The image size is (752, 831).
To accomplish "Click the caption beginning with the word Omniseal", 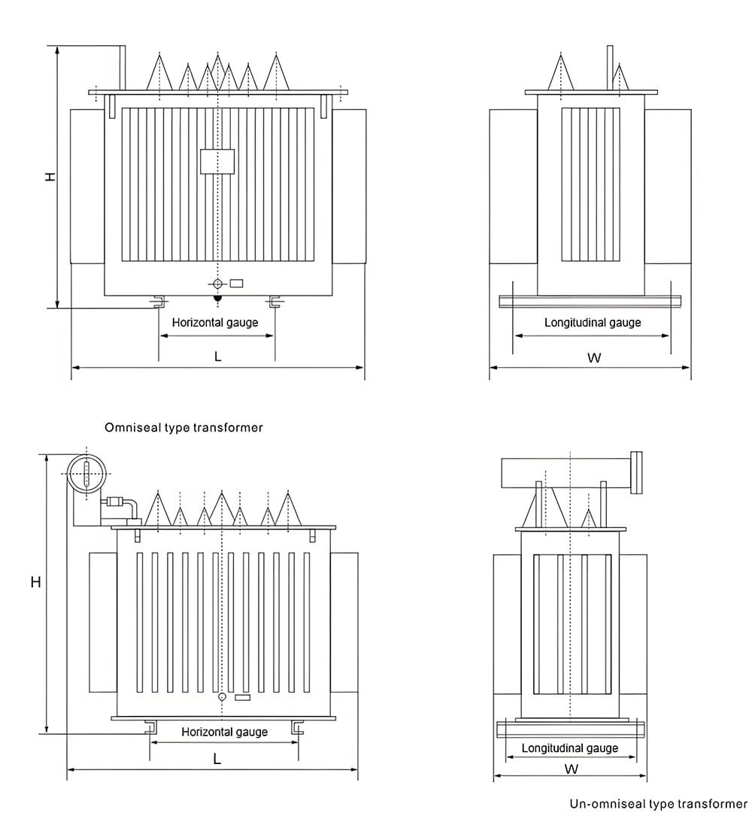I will point(183,427).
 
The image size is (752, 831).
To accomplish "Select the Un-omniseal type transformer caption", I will point(658,804).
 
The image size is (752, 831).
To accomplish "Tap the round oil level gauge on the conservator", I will point(86,474).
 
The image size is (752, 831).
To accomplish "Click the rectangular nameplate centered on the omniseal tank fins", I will point(217,162).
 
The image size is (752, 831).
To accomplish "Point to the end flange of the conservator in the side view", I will point(638,472).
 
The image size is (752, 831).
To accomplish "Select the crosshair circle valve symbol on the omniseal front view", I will point(217,284).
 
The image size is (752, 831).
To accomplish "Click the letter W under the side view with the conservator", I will point(572,769).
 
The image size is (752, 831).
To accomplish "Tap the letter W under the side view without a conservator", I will point(594,358).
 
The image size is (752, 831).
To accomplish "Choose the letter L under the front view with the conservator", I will point(217,760).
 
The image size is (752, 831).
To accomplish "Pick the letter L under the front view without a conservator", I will point(218,356).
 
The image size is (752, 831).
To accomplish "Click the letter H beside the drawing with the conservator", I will point(35,582).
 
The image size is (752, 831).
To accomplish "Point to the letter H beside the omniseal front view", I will point(50,177).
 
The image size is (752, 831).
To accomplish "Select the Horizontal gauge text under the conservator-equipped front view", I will point(224,732).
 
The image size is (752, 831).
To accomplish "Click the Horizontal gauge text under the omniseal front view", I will point(215,323).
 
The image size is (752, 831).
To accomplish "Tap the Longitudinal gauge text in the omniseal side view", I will point(593,323).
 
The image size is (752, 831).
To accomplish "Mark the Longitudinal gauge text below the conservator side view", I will point(570,748).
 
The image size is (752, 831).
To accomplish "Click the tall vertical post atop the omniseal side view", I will point(610,68).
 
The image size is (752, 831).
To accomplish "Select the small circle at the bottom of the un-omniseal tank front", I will point(222,697).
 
